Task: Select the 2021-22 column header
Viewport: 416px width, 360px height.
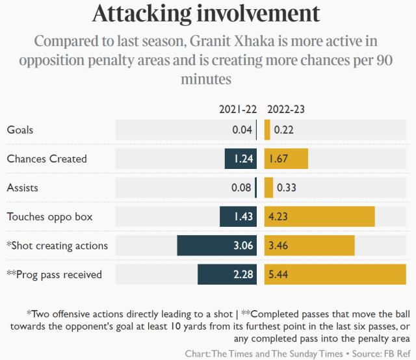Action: (238, 110)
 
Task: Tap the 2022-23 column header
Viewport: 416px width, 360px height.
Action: (285, 110)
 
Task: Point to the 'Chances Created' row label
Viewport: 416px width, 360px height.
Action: (46, 159)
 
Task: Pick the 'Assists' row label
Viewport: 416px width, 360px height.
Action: (22, 188)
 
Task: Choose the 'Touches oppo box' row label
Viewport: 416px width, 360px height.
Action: (49, 216)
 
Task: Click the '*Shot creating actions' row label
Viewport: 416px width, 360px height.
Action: (57, 246)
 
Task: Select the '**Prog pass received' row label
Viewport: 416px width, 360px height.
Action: (54, 274)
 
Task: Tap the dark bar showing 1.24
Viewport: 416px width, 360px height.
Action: (240, 159)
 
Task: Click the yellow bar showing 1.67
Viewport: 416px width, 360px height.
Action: (286, 159)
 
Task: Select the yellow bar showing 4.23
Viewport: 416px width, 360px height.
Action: (319, 216)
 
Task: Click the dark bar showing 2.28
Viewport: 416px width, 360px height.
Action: (227, 274)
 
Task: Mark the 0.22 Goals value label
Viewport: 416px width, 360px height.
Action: (284, 130)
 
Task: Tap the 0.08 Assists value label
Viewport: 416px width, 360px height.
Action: (242, 188)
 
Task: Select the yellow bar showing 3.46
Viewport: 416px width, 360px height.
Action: (309, 246)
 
